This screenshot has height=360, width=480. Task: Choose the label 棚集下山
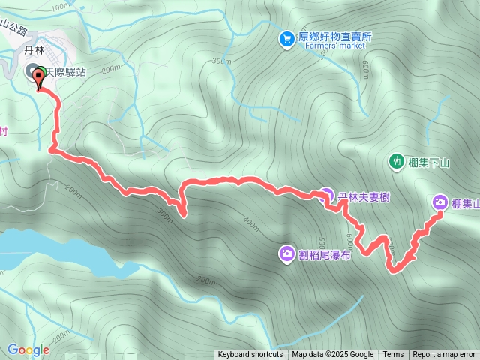tap(429, 161)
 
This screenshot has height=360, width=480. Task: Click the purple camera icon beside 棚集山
tap(440, 202)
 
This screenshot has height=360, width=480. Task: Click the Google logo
tap(28, 349)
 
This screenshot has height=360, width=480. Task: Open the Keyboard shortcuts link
tap(250, 355)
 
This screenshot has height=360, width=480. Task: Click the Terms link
tap(393, 355)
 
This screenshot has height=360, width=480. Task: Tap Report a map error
tap(444, 355)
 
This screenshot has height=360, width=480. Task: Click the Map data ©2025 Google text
tap(332, 355)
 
